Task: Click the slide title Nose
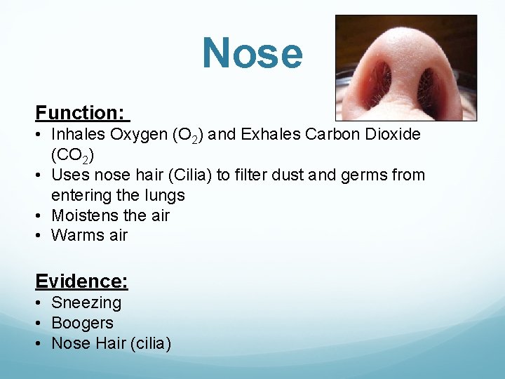(x=252, y=54)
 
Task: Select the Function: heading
(x=80, y=112)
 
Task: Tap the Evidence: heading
(x=81, y=281)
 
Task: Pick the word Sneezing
(x=86, y=302)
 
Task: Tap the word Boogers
(x=82, y=323)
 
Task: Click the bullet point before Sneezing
(x=40, y=303)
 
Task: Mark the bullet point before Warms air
(x=40, y=236)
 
